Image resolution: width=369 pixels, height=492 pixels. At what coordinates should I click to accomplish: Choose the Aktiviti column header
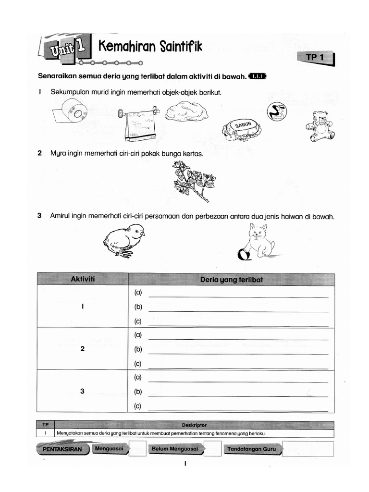pyautogui.click(x=82, y=279)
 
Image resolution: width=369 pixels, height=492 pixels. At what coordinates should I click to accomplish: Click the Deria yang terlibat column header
pyautogui.click(x=231, y=279)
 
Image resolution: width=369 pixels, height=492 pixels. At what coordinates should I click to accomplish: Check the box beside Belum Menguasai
pyautogui.click(x=212, y=449)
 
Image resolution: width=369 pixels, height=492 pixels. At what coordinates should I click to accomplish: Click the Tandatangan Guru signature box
pyautogui.click(x=307, y=449)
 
